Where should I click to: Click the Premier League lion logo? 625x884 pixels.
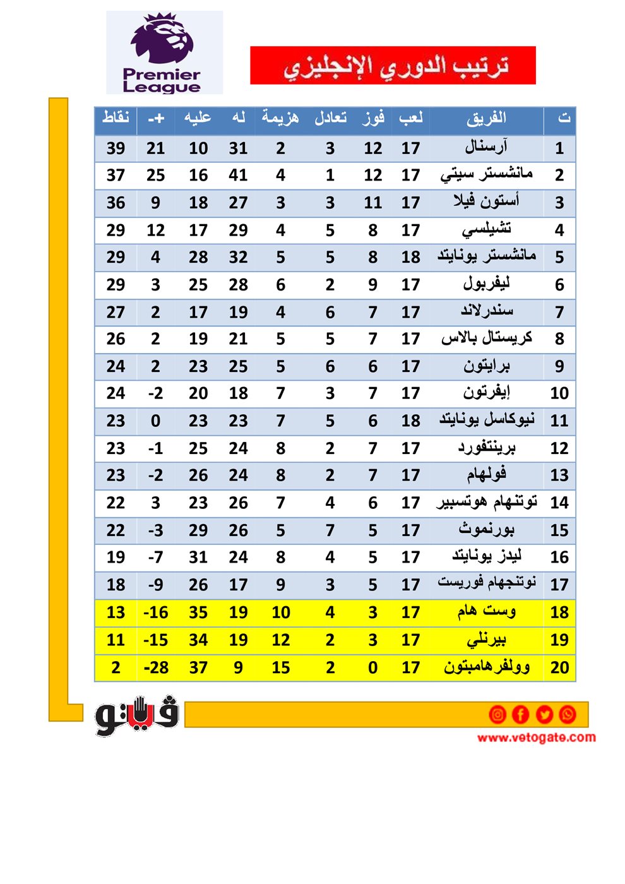pyautogui.click(x=163, y=42)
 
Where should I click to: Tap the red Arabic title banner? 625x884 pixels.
pyautogui.click(x=393, y=65)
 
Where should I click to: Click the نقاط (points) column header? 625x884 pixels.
pyautogui.click(x=116, y=118)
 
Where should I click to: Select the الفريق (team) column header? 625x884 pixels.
pyautogui.click(x=486, y=118)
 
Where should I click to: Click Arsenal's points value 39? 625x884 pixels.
pyautogui.click(x=116, y=148)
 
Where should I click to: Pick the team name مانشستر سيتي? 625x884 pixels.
pyautogui.click(x=486, y=174)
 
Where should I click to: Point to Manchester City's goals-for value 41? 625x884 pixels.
pyautogui.click(x=238, y=176)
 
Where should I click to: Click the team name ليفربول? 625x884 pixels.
pyautogui.click(x=486, y=284)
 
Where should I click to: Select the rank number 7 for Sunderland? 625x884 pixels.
pyautogui.click(x=559, y=312)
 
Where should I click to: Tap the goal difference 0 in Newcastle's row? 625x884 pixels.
pyautogui.click(x=155, y=421)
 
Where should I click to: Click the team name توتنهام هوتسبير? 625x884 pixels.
pyautogui.click(x=486, y=503)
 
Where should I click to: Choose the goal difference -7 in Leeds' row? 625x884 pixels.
pyautogui.click(x=155, y=558)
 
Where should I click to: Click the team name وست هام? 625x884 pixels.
pyautogui.click(x=486, y=611)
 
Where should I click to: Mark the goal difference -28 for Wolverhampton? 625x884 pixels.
pyautogui.click(x=155, y=667)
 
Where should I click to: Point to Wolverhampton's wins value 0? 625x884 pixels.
pyautogui.click(x=372, y=667)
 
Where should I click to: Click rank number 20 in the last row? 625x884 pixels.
pyautogui.click(x=559, y=667)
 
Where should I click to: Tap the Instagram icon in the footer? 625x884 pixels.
pyautogui.click(x=497, y=714)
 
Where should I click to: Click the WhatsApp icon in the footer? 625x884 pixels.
pyautogui.click(x=568, y=714)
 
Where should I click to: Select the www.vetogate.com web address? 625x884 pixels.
pyautogui.click(x=536, y=738)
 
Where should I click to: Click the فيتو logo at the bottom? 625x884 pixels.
pyautogui.click(x=137, y=716)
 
